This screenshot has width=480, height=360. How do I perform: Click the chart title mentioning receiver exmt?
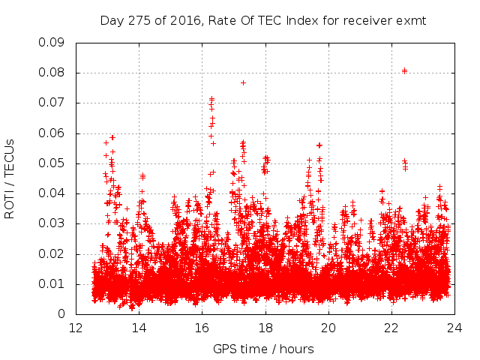click(263, 20)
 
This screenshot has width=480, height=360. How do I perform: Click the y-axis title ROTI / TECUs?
click(10, 178)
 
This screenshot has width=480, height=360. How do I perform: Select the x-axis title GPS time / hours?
click(263, 349)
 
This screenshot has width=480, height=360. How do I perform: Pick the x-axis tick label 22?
click(391, 328)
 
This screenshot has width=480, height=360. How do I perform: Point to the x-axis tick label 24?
click(454, 328)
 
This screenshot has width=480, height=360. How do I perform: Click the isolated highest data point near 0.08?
click(404, 70)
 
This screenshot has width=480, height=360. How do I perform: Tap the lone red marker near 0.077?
click(243, 82)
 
